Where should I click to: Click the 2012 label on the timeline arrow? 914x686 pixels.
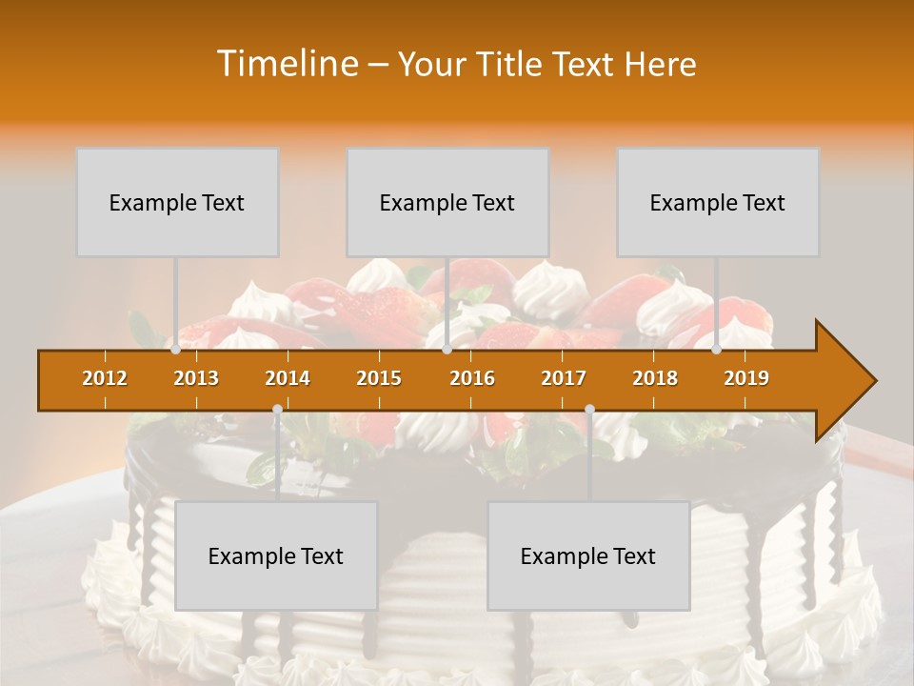point(105,378)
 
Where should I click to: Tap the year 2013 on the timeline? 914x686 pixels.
point(196,378)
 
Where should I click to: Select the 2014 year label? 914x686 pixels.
point(288,378)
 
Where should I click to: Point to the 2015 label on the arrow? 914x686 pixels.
point(379,378)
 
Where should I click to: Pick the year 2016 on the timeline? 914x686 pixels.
point(472,378)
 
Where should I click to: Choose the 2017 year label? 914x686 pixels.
point(564,378)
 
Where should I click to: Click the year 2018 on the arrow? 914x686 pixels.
point(655,378)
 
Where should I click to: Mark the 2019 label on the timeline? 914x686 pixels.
point(746,378)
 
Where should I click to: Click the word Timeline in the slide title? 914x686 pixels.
point(286,64)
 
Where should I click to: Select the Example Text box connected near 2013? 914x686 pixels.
point(177,202)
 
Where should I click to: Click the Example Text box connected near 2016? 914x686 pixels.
point(447,202)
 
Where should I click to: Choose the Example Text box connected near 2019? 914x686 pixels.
point(718,202)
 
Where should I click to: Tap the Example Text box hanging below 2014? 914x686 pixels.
point(276,555)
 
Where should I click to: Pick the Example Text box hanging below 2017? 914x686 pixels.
point(588,555)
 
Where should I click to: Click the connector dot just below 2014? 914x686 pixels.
point(277,410)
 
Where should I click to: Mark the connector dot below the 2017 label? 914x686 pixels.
point(589,410)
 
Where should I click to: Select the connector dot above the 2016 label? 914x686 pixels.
point(447,350)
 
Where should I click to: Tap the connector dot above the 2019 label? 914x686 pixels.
point(717,350)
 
